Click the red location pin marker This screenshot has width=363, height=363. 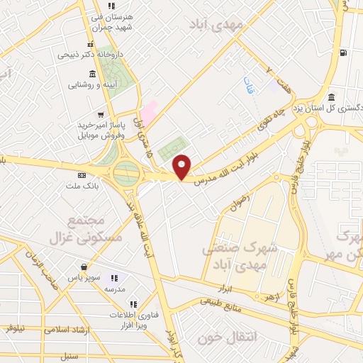[182, 167]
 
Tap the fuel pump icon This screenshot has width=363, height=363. [344, 52]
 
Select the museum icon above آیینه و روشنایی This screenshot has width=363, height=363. [93, 75]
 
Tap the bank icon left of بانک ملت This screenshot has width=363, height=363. [82, 175]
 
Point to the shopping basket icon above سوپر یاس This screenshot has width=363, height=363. [85, 268]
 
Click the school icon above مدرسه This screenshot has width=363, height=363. [116, 278]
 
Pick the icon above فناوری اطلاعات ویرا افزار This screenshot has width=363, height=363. [133, 303]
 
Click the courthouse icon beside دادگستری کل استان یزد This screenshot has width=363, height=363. [331, 97]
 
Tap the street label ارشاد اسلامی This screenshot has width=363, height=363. [64, 329]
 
